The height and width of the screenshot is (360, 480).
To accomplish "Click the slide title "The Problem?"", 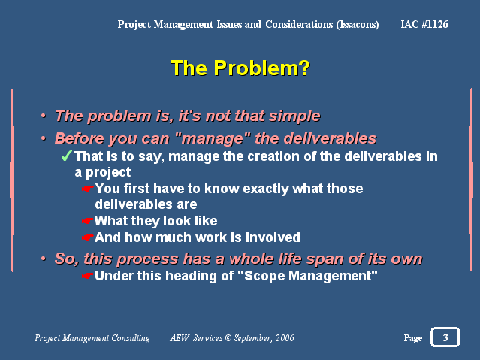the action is (240, 68).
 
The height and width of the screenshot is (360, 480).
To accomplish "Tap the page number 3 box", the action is (445, 337).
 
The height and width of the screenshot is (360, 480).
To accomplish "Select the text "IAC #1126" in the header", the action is (424, 24).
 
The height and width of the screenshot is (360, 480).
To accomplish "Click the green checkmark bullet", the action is (66, 156).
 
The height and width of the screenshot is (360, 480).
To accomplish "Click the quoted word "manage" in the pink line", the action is (213, 138).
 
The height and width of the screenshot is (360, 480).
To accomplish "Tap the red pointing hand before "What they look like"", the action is (88, 221).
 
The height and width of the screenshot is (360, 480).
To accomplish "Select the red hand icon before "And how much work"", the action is (88, 237).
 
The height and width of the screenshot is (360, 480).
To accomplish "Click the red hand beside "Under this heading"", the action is (88, 276).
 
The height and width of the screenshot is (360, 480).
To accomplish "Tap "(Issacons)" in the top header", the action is (358, 24).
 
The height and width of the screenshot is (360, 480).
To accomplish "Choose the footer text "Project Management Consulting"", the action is (92, 338).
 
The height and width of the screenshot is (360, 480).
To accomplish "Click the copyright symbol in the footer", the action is (228, 337).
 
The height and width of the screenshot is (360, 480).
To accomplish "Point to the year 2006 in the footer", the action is (285, 337).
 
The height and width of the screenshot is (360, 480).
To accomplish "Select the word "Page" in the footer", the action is (413, 338).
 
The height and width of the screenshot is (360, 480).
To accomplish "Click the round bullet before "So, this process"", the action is (44, 259).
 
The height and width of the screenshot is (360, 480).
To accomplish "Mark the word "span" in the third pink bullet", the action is (325, 259).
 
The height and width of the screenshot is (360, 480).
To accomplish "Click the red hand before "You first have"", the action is (88, 189).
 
